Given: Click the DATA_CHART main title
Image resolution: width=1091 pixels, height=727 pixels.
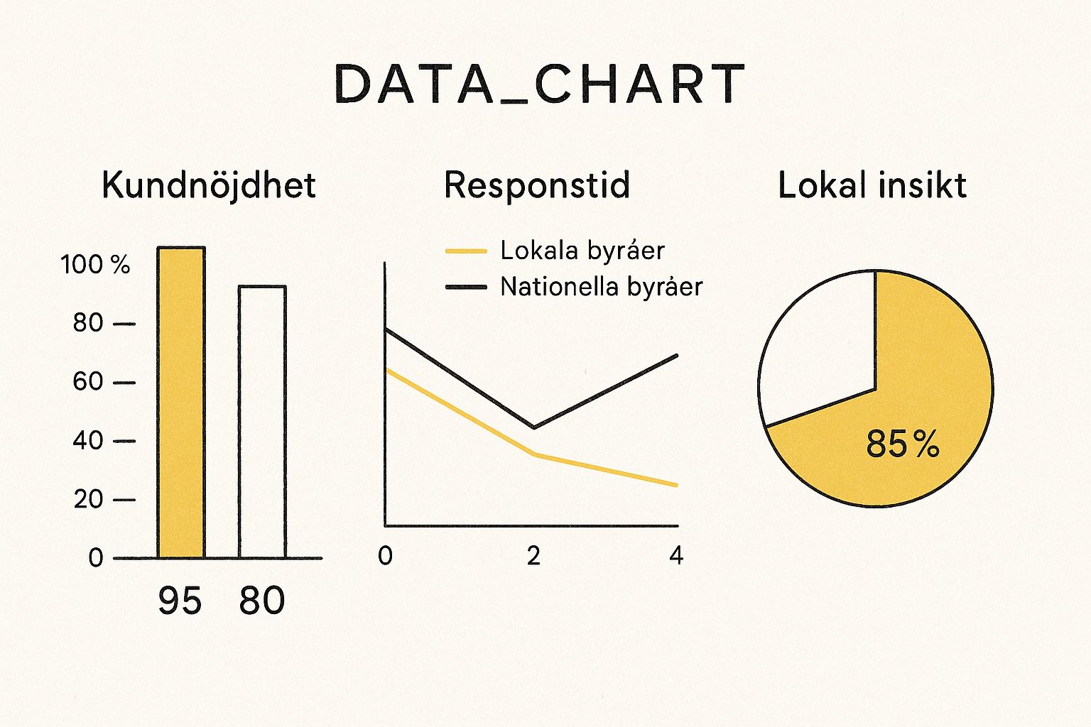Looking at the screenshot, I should pyautogui.click(x=540, y=84).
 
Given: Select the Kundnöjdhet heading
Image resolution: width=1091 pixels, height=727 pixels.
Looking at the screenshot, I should pyautogui.click(x=208, y=185).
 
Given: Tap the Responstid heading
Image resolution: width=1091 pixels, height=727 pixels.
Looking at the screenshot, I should pyautogui.click(x=537, y=185).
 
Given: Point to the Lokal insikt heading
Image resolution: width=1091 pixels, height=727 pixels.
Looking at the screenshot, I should pyautogui.click(x=872, y=185).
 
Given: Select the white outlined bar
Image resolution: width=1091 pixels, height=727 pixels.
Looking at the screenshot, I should pyautogui.click(x=262, y=422).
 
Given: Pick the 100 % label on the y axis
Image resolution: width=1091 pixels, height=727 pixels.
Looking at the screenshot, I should pyautogui.click(x=95, y=265).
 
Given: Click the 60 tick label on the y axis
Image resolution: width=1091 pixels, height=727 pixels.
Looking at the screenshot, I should pyautogui.click(x=88, y=382).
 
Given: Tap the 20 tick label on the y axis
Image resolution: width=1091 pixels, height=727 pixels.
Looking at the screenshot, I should pyautogui.click(x=88, y=500).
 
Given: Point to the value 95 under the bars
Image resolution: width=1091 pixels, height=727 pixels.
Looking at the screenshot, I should pyautogui.click(x=180, y=601).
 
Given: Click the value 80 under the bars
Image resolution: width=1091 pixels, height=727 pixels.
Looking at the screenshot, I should pyautogui.click(x=262, y=601).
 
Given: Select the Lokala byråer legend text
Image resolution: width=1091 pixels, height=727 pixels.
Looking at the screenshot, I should pyautogui.click(x=582, y=251).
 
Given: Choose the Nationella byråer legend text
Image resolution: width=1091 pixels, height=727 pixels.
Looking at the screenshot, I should pyautogui.click(x=601, y=287).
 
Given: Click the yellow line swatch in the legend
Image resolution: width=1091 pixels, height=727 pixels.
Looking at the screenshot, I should pyautogui.click(x=466, y=251).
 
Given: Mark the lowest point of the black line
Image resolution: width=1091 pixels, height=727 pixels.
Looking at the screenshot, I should pyautogui.click(x=533, y=427).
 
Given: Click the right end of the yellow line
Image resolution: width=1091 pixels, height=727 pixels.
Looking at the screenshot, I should pyautogui.click(x=676, y=486).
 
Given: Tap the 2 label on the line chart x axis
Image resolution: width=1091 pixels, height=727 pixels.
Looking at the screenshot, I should pyautogui.click(x=533, y=556).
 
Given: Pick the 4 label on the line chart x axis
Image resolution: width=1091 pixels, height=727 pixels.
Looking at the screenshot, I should pyautogui.click(x=676, y=556).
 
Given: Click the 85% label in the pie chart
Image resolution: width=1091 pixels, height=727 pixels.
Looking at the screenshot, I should pyautogui.click(x=903, y=444).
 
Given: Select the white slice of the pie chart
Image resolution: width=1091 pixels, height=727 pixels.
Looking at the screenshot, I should pyautogui.click(x=817, y=348).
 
